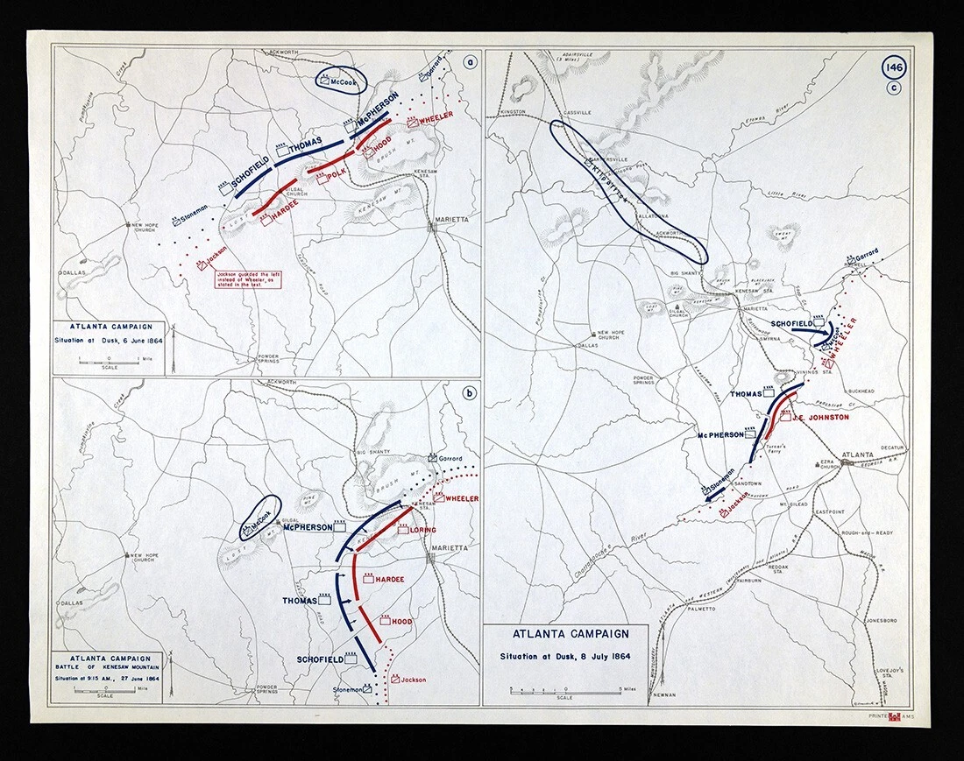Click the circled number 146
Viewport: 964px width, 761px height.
click(896, 68)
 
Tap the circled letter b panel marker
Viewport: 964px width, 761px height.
click(470, 391)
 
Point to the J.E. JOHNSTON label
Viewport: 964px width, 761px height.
click(821, 418)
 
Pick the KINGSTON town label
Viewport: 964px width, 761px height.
click(511, 112)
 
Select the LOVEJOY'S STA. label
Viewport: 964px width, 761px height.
click(891, 674)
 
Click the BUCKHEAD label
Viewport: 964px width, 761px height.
click(860, 391)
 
